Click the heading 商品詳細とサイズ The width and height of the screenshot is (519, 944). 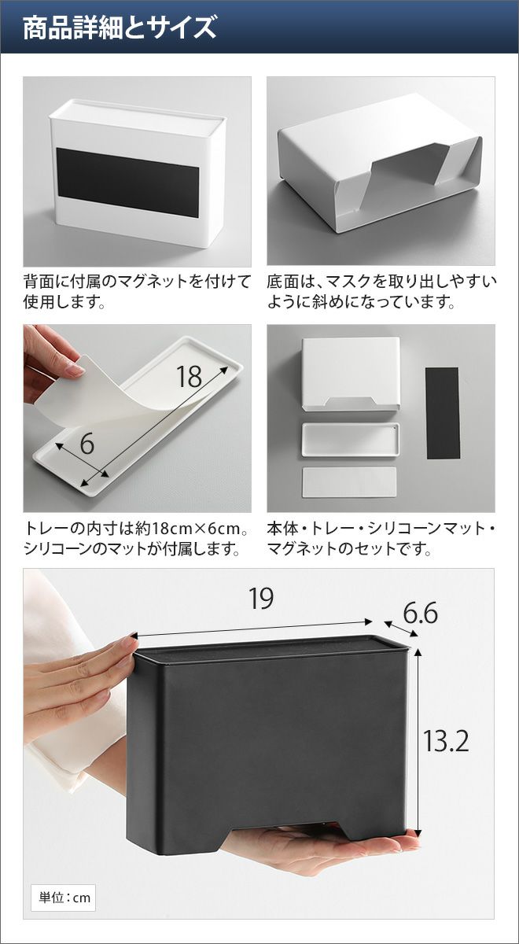tap(120, 28)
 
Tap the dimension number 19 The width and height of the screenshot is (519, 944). tap(261, 598)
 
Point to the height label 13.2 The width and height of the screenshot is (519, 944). tap(446, 741)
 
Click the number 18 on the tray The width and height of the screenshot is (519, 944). tap(190, 376)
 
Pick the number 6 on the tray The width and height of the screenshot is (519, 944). tap(86, 444)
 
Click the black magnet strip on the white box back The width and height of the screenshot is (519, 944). tap(128, 183)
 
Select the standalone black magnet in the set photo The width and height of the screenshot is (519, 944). tap(442, 413)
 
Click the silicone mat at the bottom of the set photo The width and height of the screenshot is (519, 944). tap(350, 481)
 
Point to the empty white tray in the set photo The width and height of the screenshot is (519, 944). tap(351, 440)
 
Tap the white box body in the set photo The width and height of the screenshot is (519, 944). tap(351, 374)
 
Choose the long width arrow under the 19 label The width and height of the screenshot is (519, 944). tap(252, 629)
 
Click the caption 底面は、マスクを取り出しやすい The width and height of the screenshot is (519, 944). tap(381, 282)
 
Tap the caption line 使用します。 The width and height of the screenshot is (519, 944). tap(64, 302)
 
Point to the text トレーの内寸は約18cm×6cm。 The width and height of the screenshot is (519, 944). tap(135, 529)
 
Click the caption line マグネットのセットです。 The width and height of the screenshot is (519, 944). tap(349, 549)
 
